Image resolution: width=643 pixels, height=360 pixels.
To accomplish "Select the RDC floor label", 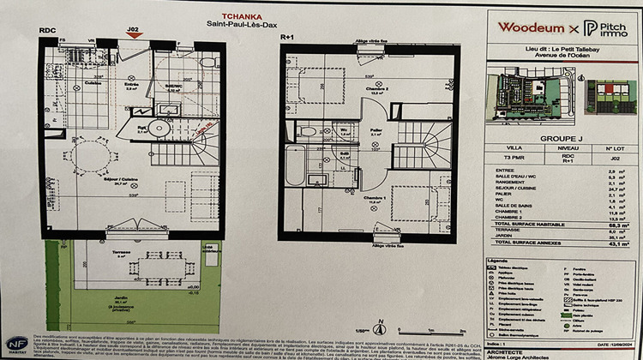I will point(47,31).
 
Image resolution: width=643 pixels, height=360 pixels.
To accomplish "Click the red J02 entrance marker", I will point(133,31).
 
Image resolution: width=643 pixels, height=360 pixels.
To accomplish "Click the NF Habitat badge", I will point(15,342).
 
